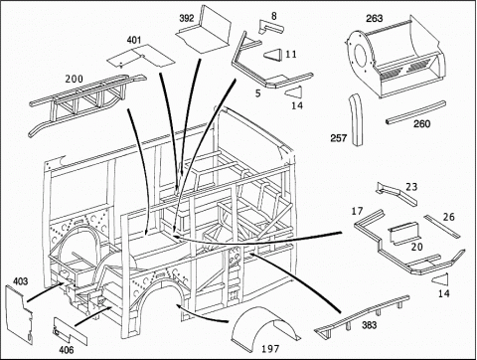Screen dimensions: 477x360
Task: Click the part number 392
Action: pyautogui.click(x=187, y=18)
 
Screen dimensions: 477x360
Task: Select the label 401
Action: pyautogui.click(x=134, y=40)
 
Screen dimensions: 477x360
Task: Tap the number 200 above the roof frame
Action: pyautogui.click(x=74, y=79)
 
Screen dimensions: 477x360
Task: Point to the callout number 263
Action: pyautogui.click(x=375, y=18)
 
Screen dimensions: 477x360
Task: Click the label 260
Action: pyautogui.click(x=422, y=124)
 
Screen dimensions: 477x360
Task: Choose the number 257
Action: pyautogui.click(x=339, y=138)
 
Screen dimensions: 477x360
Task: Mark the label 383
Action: pyautogui.click(x=369, y=324)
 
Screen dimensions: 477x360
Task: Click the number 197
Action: pyautogui.click(x=270, y=349)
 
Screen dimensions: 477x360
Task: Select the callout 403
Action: pyautogui.click(x=21, y=281)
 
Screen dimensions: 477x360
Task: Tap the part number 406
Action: pyautogui.click(x=67, y=349)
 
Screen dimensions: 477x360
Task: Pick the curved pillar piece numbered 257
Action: pyautogui.click(x=356, y=119)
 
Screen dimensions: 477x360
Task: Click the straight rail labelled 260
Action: pyautogui.click(x=415, y=113)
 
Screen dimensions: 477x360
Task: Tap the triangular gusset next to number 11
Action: pyautogui.click(x=273, y=55)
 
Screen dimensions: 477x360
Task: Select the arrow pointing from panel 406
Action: pyautogui.click(x=92, y=316)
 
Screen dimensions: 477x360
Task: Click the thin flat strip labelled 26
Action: pyautogui.click(x=442, y=227)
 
